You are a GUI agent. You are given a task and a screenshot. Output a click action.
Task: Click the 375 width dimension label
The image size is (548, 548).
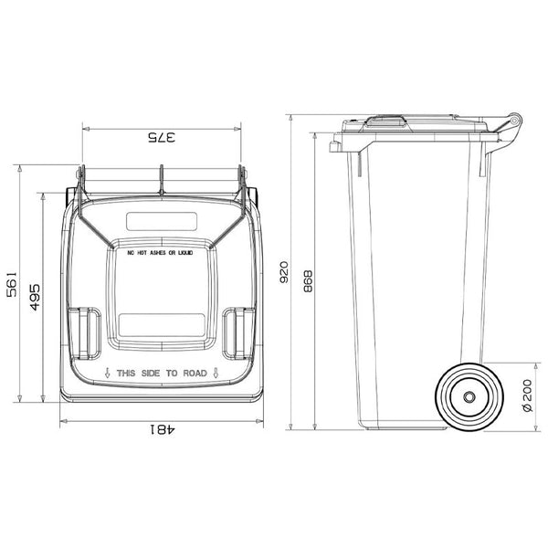[x=161, y=138]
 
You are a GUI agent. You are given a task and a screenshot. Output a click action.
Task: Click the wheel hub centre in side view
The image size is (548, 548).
[x=469, y=397]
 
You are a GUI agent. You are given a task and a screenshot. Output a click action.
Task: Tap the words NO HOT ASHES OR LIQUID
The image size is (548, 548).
[x=161, y=252]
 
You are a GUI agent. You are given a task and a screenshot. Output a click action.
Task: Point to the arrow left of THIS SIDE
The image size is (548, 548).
[x=108, y=373]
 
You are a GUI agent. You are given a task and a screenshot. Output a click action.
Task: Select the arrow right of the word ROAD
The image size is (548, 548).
[x=214, y=373]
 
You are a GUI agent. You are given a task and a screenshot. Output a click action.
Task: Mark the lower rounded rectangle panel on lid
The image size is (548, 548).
[x=161, y=321]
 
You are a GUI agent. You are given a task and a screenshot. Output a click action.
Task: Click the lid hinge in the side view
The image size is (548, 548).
[x=514, y=121]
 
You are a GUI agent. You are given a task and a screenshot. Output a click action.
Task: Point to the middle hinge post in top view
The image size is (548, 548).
[x=161, y=180]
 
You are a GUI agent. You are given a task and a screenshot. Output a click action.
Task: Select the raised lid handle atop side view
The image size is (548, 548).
[x=385, y=118]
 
